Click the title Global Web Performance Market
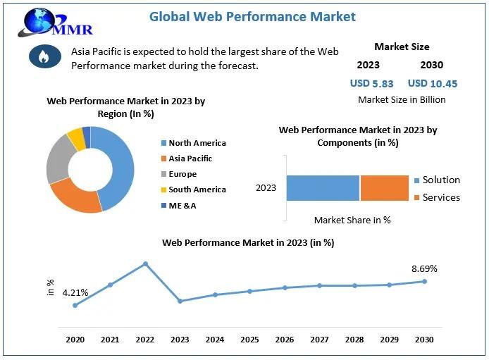point(252,16)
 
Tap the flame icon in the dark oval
point(45,57)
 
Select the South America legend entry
point(197,190)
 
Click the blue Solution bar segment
point(323,188)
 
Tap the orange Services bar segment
point(385,188)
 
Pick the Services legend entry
point(440,197)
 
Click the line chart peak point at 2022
point(145,264)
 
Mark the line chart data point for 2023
point(180,301)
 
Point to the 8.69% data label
point(424,268)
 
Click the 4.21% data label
point(75,292)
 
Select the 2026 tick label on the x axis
point(285,340)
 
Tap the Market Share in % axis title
point(352,220)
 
